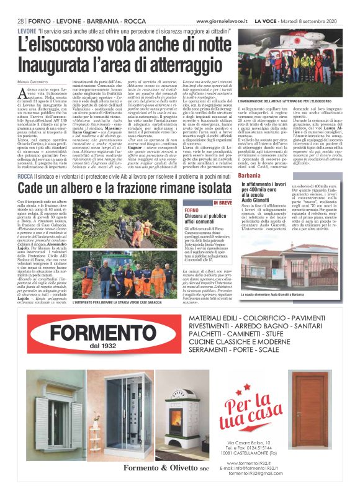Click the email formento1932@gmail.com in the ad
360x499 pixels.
pos(250,491)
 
